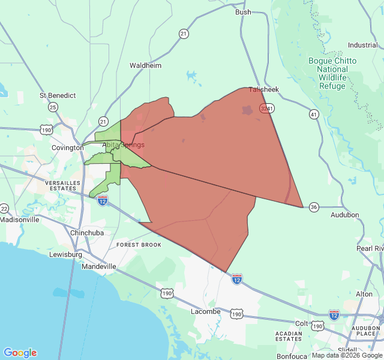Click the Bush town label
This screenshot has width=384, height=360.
click(x=243, y=12)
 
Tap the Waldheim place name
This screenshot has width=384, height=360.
click(x=146, y=65)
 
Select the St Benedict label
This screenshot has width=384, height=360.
click(x=58, y=95)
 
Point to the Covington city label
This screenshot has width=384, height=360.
click(x=67, y=148)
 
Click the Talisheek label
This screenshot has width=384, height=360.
click(x=264, y=89)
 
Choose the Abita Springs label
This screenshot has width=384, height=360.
click(x=124, y=145)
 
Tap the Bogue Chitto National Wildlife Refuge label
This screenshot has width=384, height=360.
click(x=332, y=74)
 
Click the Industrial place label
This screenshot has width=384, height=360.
click(x=362, y=46)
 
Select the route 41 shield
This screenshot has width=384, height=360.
click(x=314, y=113)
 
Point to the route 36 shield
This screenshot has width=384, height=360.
click(x=314, y=207)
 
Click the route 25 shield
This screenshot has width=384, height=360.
click(x=53, y=107)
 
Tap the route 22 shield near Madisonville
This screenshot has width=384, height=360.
click(x=4, y=209)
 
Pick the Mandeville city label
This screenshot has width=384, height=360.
click(x=99, y=266)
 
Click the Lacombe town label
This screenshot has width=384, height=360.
click(x=206, y=311)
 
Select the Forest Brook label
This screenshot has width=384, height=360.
click(x=139, y=245)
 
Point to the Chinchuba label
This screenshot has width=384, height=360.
click(x=87, y=233)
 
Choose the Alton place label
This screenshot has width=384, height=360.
click(x=364, y=294)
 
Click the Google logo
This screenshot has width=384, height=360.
click(x=20, y=353)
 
